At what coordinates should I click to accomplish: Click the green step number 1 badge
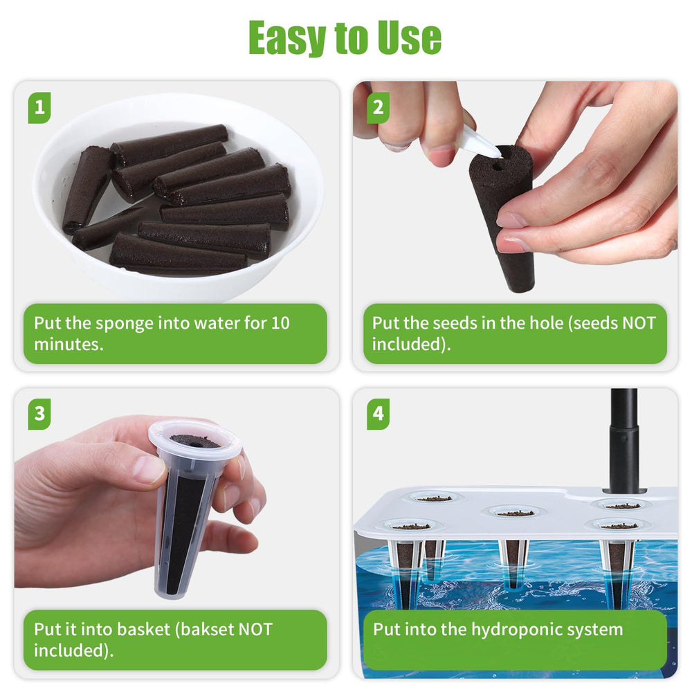39,108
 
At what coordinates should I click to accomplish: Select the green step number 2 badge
379,108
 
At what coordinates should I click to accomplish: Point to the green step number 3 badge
39,414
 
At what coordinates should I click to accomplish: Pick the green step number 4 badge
379,414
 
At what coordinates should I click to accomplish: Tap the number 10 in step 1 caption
280,323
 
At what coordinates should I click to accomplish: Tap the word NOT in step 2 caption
638,323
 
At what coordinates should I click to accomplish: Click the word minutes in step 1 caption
69,344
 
